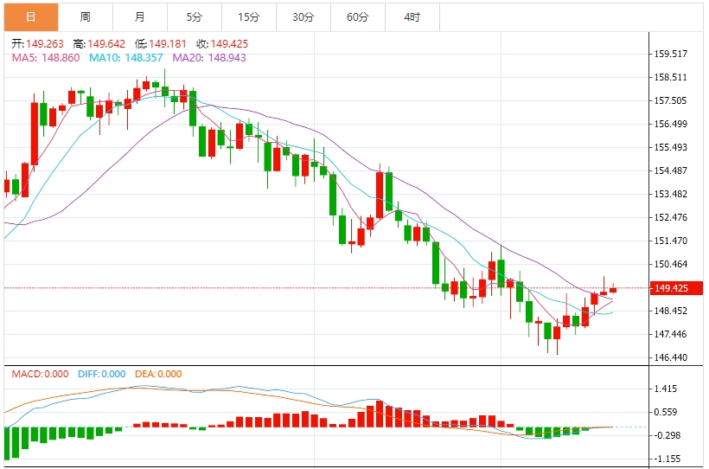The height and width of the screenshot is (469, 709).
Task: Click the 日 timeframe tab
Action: tap(30, 16)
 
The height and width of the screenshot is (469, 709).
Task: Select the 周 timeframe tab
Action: tap(85, 16)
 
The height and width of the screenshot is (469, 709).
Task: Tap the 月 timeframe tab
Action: tap(139, 16)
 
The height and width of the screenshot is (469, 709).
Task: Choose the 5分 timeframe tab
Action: tap(194, 16)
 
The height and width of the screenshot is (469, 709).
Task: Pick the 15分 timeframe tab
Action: tap(248, 16)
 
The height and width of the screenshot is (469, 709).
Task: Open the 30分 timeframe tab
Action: tap(303, 16)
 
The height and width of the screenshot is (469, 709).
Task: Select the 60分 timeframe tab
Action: tap(357, 16)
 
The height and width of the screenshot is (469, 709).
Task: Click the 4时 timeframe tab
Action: tap(412, 16)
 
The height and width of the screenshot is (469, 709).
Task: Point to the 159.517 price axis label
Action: tap(672, 54)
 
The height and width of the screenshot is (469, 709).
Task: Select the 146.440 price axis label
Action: tap(672, 357)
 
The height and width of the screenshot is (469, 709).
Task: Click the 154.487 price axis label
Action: tap(672, 170)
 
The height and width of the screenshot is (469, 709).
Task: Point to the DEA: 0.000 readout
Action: tap(157, 374)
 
